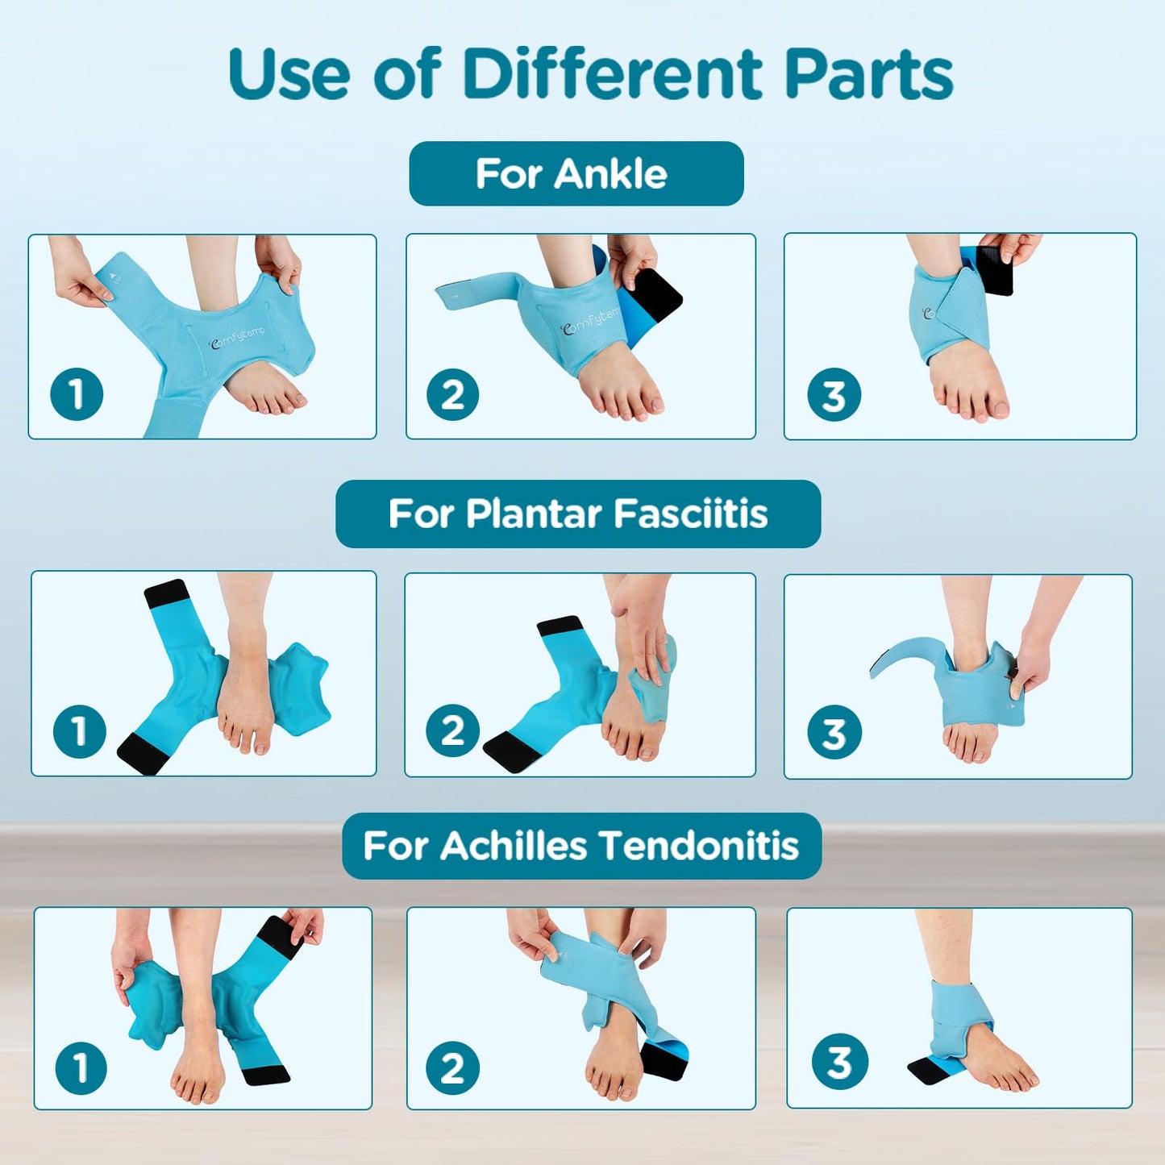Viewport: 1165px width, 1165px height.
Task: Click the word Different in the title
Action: coord(612,74)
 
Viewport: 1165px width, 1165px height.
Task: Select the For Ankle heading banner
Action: coord(576,174)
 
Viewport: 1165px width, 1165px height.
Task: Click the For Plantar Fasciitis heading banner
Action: coord(578,514)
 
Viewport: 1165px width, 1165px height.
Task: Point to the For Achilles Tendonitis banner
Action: coord(581,846)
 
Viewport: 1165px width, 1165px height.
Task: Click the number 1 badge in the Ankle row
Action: coord(77,394)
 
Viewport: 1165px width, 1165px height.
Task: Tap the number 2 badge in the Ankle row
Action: coord(452,394)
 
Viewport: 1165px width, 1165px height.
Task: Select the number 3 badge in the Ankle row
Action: coord(834,395)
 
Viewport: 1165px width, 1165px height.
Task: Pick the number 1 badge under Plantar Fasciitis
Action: coord(79,731)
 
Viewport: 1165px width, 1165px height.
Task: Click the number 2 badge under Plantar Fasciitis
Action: coord(452,730)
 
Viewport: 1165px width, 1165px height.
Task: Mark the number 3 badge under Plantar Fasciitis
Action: coord(834,732)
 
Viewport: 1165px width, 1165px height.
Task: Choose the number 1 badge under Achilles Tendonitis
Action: coord(81,1067)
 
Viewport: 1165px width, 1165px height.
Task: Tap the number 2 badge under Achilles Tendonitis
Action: coord(452,1067)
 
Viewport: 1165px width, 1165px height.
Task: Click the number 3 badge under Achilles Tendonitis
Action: coord(839,1062)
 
